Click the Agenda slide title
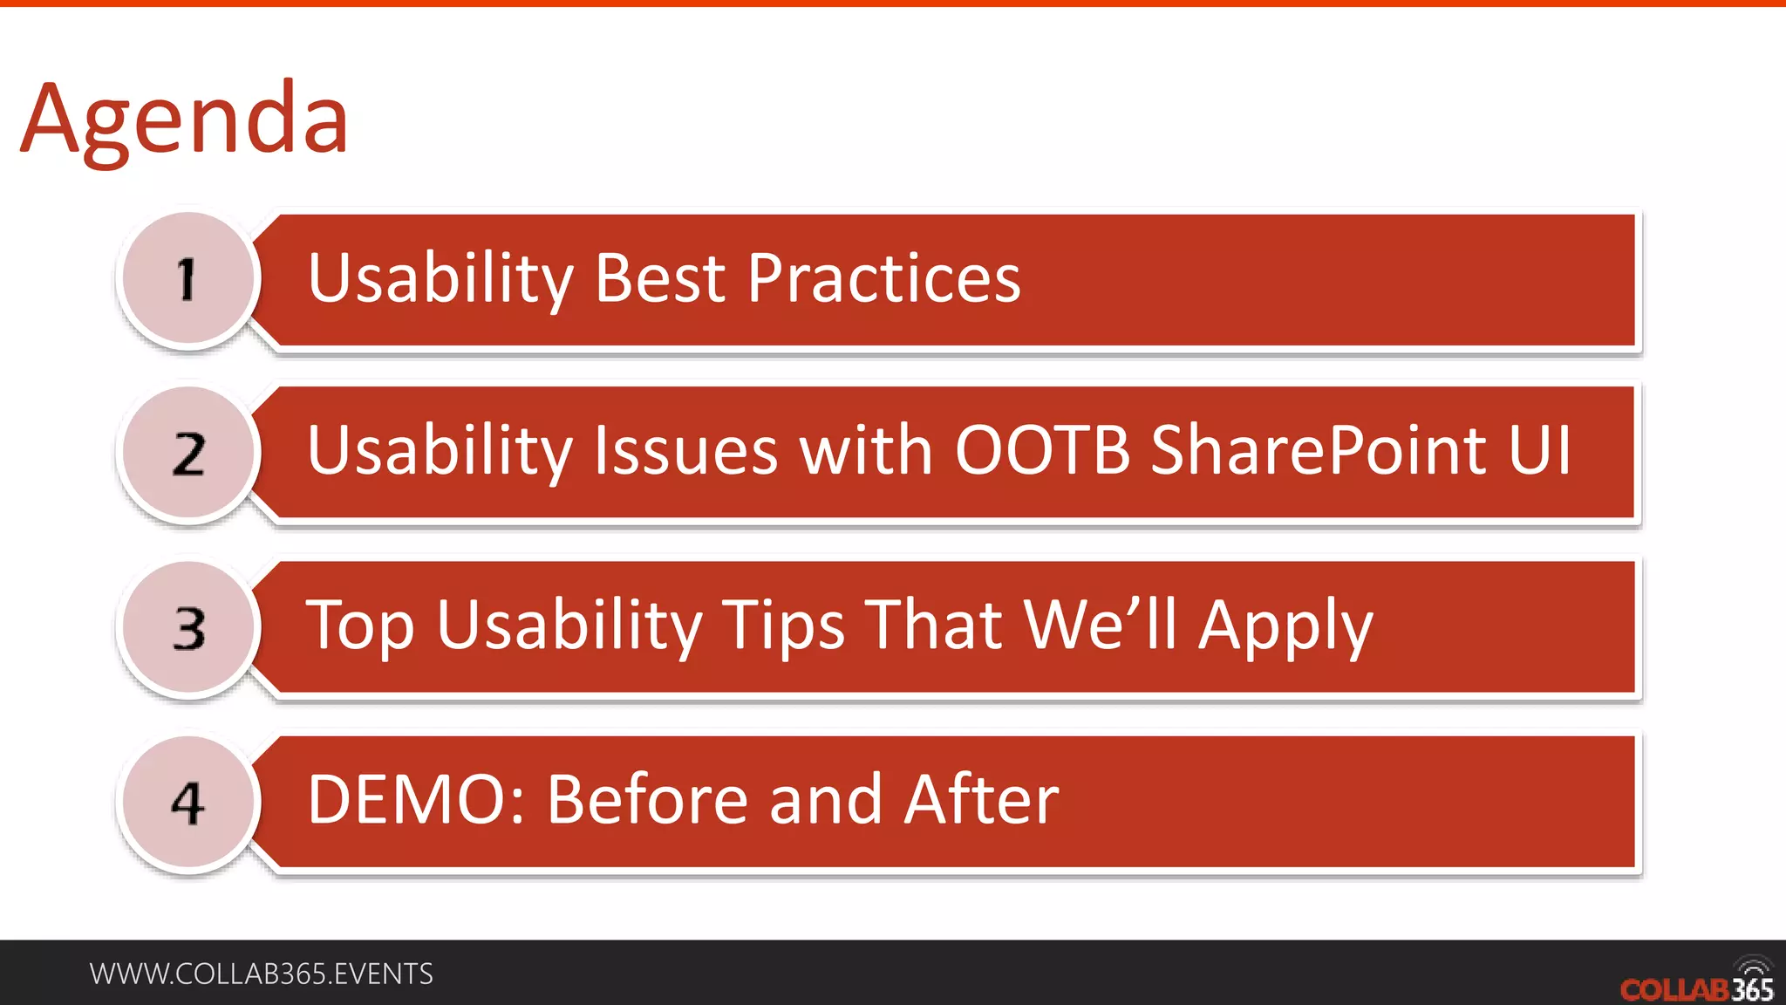pos(184,120)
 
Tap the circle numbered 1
pos(188,279)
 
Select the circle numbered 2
pos(188,454)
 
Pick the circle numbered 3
pos(188,628)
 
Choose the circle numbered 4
pos(188,803)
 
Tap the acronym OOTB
pos(1042,451)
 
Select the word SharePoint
pos(1318,451)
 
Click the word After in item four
pos(981,800)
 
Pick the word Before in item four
pos(647,800)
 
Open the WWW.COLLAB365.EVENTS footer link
pos(261,974)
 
